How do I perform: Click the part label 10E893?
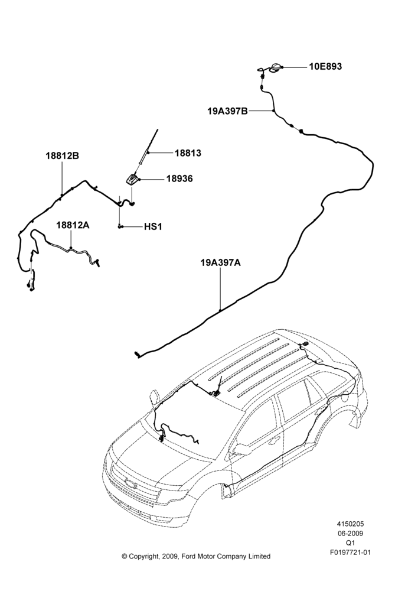325,67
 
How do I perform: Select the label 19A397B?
227,111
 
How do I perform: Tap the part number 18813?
188,153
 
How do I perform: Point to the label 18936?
179,178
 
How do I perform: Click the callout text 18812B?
63,155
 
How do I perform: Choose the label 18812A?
73,225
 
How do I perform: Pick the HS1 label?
154,227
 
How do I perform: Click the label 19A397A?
220,263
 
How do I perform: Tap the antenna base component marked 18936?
132,180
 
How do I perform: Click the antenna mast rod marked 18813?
148,147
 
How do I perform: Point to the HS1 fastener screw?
120,226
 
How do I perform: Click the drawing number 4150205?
350,524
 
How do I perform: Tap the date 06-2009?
350,533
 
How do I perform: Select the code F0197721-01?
350,552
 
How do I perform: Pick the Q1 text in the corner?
350,543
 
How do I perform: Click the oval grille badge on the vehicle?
130,484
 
